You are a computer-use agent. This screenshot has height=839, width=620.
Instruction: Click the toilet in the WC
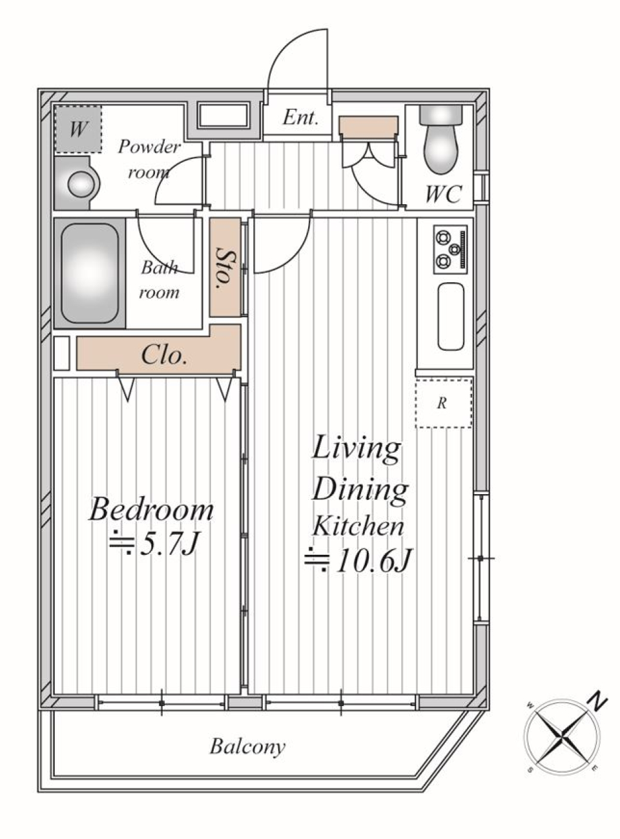point(440,140)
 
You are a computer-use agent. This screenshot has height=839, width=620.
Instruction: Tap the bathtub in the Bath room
point(90,273)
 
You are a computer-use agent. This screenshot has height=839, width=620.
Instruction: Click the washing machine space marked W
point(78,129)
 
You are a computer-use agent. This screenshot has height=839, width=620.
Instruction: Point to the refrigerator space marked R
point(443,403)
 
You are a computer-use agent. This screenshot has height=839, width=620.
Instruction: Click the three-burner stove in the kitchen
point(450,250)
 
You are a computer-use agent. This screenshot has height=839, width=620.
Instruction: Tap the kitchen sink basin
point(451,316)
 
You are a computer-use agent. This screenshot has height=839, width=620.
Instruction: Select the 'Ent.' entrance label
point(300,118)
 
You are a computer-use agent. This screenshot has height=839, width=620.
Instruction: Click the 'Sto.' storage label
point(225,268)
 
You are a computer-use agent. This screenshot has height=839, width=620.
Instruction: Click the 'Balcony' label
point(247,747)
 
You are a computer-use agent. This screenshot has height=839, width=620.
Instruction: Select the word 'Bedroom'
point(151,510)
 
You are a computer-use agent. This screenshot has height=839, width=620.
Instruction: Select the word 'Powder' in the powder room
point(149,147)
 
